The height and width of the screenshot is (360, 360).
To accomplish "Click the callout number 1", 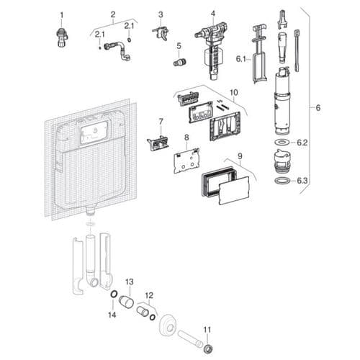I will [62, 14].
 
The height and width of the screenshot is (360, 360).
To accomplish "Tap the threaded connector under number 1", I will [62, 35].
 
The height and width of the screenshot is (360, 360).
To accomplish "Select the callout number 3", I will [161, 14].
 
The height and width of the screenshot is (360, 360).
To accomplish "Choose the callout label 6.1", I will [241, 59].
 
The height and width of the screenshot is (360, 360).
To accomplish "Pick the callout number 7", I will [161, 122].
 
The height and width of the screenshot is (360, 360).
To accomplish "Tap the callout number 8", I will [186, 137].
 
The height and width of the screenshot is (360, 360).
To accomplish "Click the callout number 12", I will [150, 295].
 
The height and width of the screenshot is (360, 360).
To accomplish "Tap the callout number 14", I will [111, 315].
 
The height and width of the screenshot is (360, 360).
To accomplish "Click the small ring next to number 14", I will [114, 294].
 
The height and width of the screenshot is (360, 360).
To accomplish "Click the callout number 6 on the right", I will [316, 108].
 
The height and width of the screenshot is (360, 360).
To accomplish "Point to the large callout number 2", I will [112, 14].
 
